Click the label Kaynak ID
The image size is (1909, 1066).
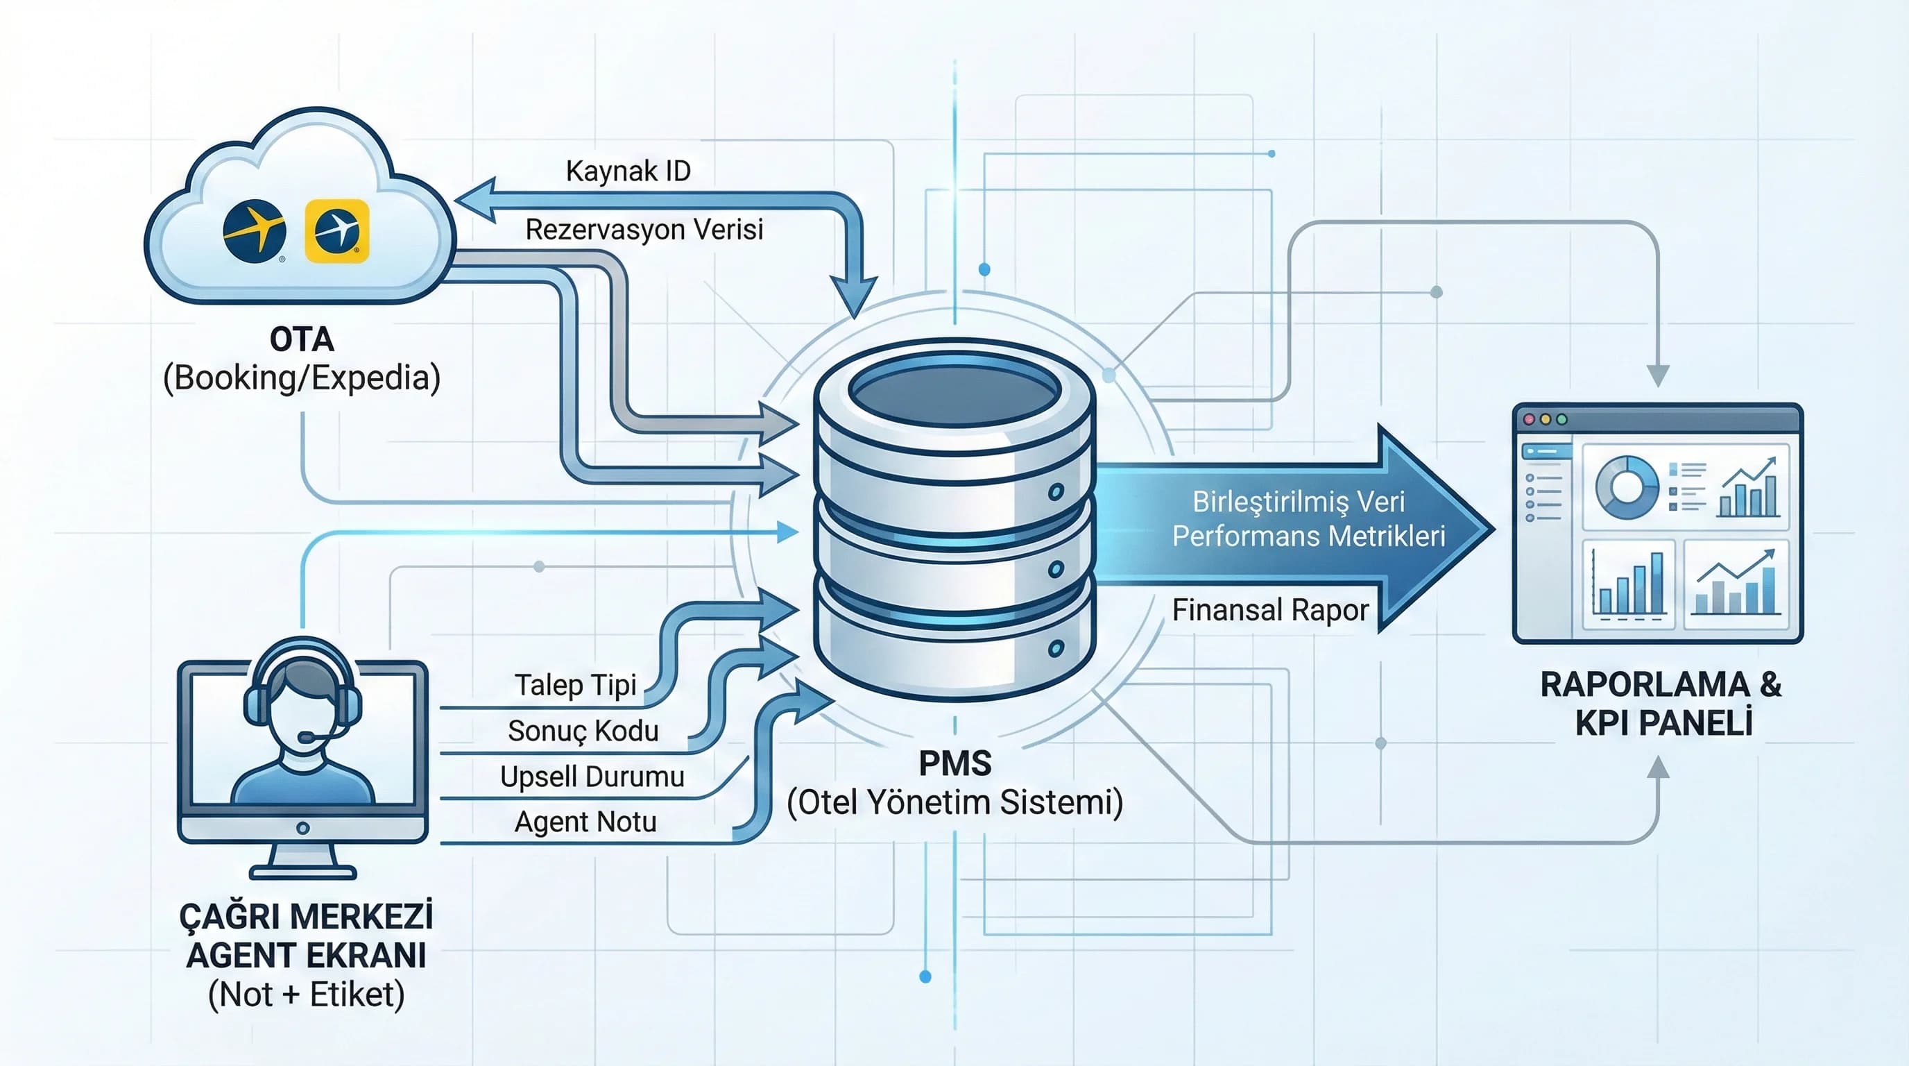pos(628,171)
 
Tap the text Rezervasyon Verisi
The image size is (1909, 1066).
pos(644,230)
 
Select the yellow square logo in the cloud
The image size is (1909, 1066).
pos(336,230)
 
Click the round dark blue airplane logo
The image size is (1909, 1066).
pos(254,230)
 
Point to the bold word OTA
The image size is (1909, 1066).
pos(302,340)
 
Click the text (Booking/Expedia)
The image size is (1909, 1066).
pos(302,378)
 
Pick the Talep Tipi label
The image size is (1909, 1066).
pos(576,685)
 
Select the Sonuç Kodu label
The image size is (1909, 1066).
pos(583,731)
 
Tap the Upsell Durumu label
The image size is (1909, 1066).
pos(592,777)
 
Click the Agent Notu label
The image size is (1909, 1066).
pos(585,822)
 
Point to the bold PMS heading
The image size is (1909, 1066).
pos(954,763)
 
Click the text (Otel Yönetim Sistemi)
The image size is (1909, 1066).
pos(954,803)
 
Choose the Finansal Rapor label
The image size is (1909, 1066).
pos(1270,610)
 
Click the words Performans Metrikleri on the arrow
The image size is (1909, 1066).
pos(1309,536)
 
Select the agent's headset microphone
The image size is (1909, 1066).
pos(305,737)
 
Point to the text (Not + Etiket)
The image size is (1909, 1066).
pos(306,995)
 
